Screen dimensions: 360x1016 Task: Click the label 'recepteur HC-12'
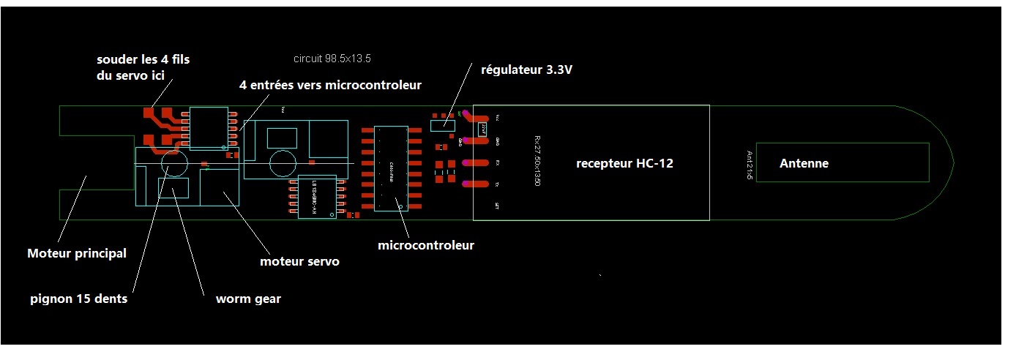[x=624, y=164]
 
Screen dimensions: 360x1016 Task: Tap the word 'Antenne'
[x=804, y=164]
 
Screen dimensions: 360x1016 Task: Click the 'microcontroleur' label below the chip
[x=425, y=245]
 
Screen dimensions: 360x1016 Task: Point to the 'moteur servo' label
[x=299, y=261]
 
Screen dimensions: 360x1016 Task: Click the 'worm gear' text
[x=248, y=299]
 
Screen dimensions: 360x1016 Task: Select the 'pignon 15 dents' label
[x=79, y=299]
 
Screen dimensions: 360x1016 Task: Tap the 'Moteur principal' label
[x=77, y=254]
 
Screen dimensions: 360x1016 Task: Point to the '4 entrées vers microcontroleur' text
[x=330, y=85]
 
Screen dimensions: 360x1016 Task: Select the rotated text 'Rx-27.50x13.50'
[x=537, y=161]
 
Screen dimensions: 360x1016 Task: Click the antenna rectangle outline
[x=842, y=144]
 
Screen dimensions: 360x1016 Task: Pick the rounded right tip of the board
[x=949, y=162]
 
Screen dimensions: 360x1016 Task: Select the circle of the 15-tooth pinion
[x=174, y=163]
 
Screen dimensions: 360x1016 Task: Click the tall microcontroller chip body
[x=391, y=168]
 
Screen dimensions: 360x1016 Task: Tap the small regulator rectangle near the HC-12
[x=442, y=126]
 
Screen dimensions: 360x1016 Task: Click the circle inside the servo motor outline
[x=282, y=163]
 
